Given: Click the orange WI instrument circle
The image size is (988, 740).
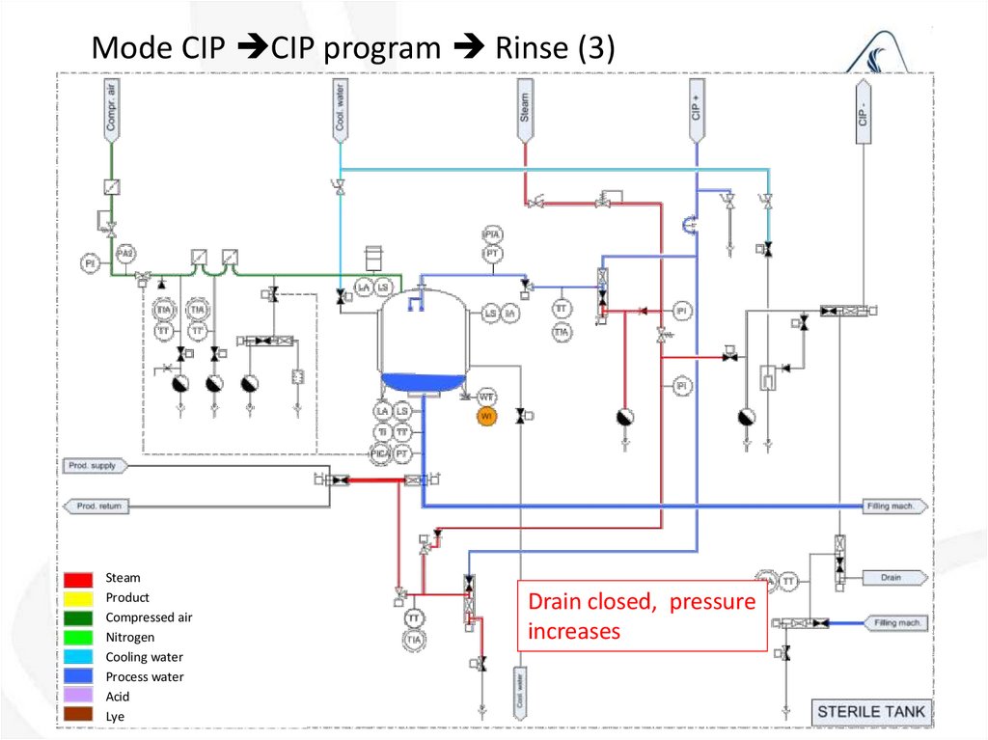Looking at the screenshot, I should coord(487,415).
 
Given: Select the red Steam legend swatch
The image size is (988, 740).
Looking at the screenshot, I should coord(79,579).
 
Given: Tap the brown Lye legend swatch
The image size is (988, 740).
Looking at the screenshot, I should coord(79,716).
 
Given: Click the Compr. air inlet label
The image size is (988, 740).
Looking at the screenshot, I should coord(112,108).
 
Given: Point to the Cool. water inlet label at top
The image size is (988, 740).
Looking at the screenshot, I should coord(340,108).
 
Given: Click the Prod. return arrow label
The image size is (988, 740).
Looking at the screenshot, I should coord(95,506).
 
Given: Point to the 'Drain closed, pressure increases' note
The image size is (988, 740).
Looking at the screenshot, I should coord(642,617).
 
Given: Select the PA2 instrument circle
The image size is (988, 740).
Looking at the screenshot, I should coord(125,254).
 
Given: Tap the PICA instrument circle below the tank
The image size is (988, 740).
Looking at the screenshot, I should coord(382,452).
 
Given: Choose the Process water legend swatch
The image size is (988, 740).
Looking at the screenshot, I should coord(79,676).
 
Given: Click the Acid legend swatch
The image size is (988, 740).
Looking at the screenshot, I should coord(79,696).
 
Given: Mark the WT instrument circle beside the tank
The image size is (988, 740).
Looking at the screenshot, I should coord(487,397).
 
